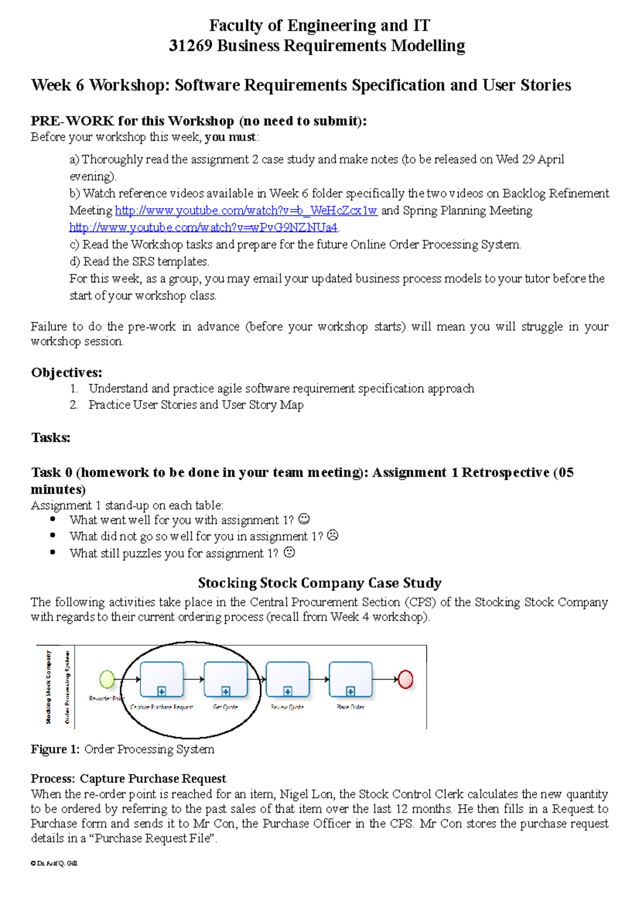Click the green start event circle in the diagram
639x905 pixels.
click(107, 679)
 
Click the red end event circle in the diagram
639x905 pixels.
click(406, 679)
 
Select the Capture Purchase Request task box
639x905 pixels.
click(162, 679)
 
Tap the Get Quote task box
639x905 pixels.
click(226, 679)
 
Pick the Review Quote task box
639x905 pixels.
click(288, 679)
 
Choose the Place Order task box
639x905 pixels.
click(350, 679)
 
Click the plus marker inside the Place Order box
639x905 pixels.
click(350, 691)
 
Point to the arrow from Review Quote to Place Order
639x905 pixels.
click(319, 679)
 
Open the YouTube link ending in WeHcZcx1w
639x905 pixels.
click(246, 211)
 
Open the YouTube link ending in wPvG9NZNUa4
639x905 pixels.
click(203, 228)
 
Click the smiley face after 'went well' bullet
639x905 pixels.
click(304, 519)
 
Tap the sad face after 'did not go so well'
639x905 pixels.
click(333, 535)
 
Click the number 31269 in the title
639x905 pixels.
click(191, 46)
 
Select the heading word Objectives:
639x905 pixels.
click(67, 372)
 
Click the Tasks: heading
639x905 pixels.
click(51, 438)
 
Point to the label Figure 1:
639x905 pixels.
click(55, 749)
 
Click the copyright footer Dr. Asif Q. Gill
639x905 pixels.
click(54, 863)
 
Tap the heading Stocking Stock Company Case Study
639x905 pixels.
click(319, 583)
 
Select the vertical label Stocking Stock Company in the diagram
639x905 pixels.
click(48, 687)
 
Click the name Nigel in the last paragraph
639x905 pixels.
click(294, 794)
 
